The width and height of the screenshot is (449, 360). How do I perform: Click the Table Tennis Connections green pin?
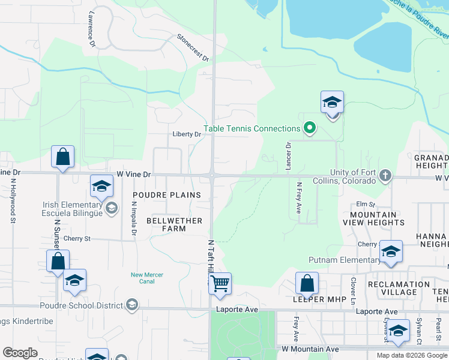pyautogui.click(x=310, y=128)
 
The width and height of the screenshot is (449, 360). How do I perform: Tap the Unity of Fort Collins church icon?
pyautogui.click(x=385, y=176)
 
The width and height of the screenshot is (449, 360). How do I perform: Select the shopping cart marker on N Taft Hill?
pyautogui.click(x=220, y=283)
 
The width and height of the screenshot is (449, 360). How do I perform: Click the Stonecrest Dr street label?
pyautogui.click(x=193, y=47)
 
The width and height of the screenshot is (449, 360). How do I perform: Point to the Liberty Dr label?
pyautogui.click(x=186, y=134)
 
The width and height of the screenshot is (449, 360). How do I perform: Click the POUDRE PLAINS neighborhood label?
pyautogui.click(x=166, y=196)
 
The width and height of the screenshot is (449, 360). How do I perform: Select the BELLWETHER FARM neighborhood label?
pyautogui.click(x=175, y=224)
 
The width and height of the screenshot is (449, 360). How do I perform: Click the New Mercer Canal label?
pyautogui.click(x=147, y=278)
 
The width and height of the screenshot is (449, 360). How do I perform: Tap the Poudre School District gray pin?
pyautogui.click(x=131, y=305)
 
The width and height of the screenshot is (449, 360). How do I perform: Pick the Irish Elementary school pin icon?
pyautogui.click(x=111, y=208)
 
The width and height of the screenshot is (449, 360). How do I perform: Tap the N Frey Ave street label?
pyautogui.click(x=298, y=198)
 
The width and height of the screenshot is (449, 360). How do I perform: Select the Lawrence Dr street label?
pyautogui.click(x=92, y=32)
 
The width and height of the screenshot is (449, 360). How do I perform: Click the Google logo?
pyautogui.click(x=20, y=353)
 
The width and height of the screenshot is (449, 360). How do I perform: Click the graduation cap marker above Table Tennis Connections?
pyautogui.click(x=331, y=102)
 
